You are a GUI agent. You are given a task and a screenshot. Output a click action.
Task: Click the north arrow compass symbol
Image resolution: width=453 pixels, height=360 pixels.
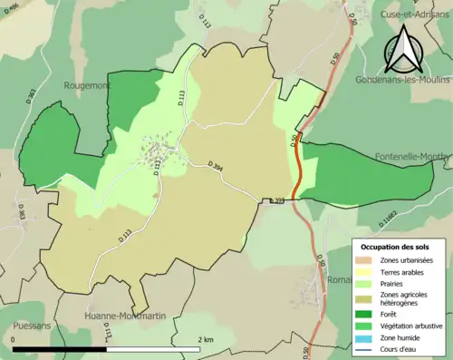coord(403,50)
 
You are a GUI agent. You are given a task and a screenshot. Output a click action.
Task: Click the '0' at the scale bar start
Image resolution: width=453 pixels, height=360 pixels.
coord(14,339)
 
